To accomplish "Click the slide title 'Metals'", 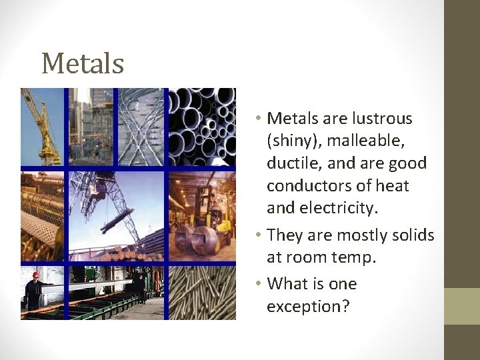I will point(83,64).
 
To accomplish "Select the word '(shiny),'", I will point(292,141).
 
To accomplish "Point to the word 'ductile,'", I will point(292,163).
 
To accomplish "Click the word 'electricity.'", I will point(322,208).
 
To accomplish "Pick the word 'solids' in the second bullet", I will point(411,235).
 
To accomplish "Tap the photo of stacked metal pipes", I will point(201,127).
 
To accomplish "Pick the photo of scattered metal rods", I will point(201,293).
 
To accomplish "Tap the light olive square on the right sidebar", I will point(462,306).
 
